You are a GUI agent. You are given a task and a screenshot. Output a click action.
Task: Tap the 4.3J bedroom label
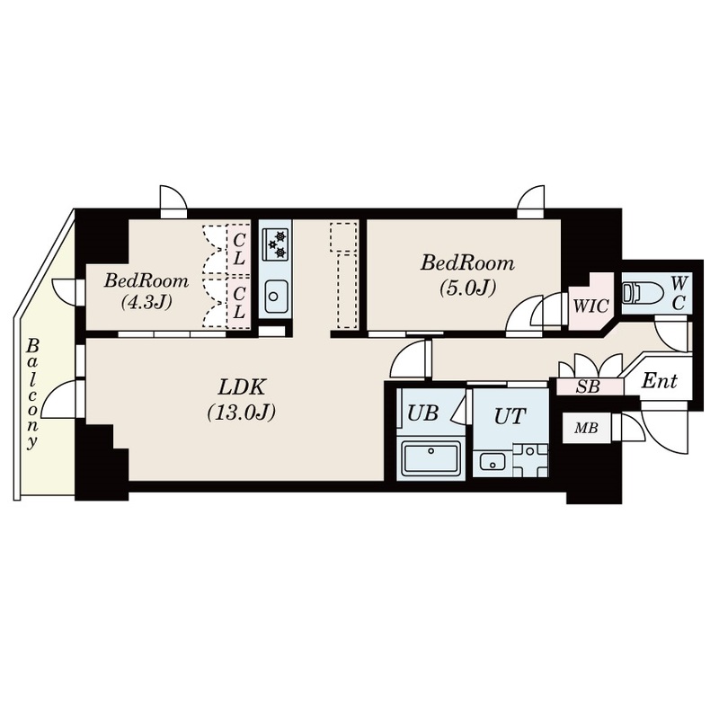tap(146, 290)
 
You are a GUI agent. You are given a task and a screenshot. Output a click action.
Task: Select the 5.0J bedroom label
tap(467, 275)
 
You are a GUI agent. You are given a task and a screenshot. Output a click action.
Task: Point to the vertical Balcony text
tap(31, 394)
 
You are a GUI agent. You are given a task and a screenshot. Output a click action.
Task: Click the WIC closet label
tap(590, 306)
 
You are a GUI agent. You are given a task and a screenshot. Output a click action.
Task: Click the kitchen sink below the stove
tap(275, 296)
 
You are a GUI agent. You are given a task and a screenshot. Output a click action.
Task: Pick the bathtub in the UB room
tap(431, 458)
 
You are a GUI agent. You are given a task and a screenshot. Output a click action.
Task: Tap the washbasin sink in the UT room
tap(493, 461)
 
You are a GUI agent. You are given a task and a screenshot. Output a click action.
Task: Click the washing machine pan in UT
tap(530, 461)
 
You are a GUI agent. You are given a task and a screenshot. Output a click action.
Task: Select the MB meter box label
tap(587, 429)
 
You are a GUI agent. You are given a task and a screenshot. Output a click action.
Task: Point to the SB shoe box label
tap(588, 387)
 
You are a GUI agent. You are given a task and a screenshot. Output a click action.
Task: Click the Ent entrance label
tap(659, 380)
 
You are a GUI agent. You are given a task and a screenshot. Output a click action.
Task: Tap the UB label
tap(422, 413)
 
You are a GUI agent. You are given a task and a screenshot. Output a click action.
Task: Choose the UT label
tap(510, 416)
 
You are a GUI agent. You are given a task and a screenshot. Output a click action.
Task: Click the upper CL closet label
tap(238, 249)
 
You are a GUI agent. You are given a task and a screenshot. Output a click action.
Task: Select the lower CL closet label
tap(238, 303)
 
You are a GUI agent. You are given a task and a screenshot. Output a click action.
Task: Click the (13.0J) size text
tap(241, 413)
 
